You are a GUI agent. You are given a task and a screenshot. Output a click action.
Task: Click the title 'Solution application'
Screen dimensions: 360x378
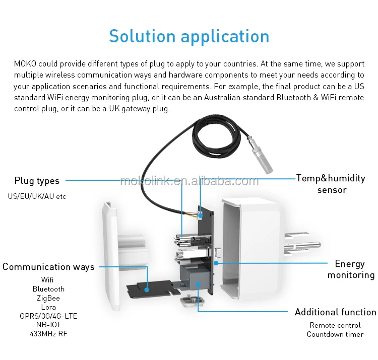pos(189,36)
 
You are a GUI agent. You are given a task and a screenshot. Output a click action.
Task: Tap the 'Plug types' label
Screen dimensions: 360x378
pos(37,181)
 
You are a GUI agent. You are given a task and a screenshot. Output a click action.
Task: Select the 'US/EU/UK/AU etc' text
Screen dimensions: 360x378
pos(37,196)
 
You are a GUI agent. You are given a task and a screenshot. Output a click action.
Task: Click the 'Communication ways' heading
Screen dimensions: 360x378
pos(48,267)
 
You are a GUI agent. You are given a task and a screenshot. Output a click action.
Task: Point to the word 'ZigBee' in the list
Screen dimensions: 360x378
pos(48,298)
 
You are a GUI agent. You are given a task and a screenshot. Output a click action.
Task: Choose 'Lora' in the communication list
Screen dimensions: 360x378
pos(48,307)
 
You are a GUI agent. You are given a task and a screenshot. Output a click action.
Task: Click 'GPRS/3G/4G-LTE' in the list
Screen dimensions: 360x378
pos(48,316)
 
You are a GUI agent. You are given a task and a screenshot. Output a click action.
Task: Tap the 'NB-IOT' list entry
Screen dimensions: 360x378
pos(48,325)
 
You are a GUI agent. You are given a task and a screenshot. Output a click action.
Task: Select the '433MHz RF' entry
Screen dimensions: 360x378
pos(48,334)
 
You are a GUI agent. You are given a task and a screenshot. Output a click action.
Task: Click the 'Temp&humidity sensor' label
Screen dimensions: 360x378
pos(331,184)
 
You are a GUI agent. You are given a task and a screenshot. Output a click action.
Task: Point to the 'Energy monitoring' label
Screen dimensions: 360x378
pos(351,269)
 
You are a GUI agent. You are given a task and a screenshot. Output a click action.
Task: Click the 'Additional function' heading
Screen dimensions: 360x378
pos(335,312)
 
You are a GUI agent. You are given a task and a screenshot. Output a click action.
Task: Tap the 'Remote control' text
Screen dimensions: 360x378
pos(335,325)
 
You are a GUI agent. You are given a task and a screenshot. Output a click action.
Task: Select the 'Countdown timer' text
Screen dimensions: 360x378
pos(335,334)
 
